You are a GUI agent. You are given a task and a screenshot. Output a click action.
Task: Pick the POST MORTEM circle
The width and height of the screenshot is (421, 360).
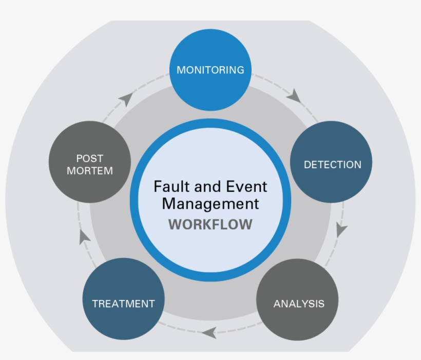90,164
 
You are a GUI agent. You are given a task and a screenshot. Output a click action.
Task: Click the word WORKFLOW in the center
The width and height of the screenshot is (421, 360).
210,225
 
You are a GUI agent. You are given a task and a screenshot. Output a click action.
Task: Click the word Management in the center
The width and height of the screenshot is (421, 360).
210,204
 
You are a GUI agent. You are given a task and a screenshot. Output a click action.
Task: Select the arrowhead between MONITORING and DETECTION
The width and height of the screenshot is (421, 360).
294,95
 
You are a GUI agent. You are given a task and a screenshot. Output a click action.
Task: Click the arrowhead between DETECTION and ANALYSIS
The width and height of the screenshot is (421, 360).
341,230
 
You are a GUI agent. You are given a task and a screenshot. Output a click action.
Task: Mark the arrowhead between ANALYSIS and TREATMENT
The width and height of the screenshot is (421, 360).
208,333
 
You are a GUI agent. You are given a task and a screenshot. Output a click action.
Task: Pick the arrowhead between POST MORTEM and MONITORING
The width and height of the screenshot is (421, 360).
126,99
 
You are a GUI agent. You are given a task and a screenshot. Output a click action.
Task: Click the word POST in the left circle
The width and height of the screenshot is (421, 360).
90,158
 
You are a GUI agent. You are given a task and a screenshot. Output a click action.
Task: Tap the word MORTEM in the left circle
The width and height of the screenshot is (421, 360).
90,171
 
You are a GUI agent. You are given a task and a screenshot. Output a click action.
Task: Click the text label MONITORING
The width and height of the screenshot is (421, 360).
210,70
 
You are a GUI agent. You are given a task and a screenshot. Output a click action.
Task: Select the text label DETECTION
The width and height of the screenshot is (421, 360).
332,165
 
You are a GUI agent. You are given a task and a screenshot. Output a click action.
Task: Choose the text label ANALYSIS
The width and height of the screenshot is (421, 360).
299,304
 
